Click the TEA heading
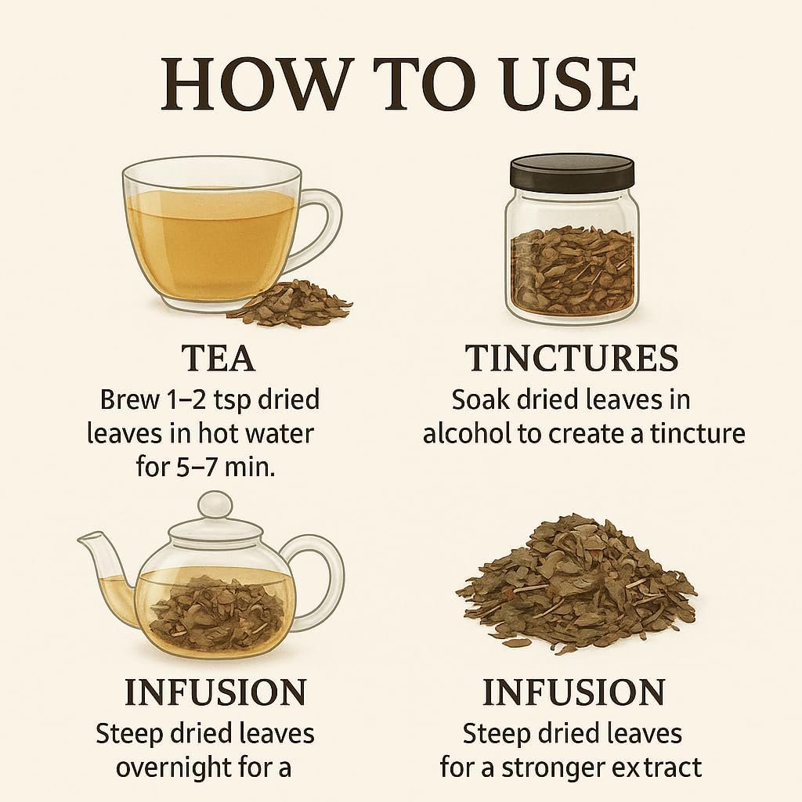click(x=218, y=358)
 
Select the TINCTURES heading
click(x=572, y=358)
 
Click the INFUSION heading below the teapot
click(x=216, y=692)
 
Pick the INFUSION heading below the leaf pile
click(x=574, y=692)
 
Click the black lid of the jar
click(x=572, y=171)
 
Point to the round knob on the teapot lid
click(x=215, y=505)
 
